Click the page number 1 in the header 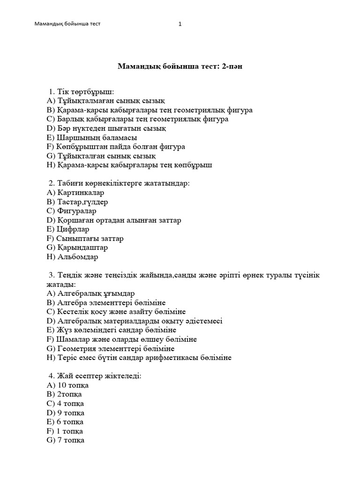pos(180,24)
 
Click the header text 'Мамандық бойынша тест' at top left pos(68,24)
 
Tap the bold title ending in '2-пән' pos(180,67)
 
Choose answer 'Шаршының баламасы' pos(92,137)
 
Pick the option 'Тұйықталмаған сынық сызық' pos(106,101)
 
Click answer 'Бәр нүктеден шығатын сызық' pos(106,128)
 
